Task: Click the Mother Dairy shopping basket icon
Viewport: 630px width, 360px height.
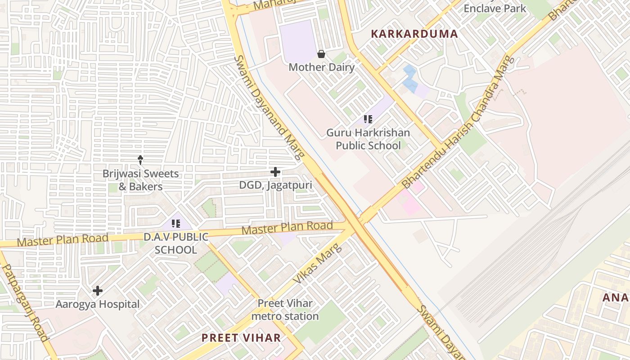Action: [321, 54]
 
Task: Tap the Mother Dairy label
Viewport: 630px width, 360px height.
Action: [321, 67]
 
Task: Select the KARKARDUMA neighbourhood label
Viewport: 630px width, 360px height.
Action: [414, 34]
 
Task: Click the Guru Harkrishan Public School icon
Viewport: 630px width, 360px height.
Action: [368, 119]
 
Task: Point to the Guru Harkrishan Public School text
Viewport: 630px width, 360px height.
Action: [368, 139]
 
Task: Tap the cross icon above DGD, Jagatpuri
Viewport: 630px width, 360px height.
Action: [275, 172]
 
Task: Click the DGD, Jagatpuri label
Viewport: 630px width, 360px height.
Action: [275, 185]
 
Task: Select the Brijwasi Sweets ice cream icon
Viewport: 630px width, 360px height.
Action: [140, 159]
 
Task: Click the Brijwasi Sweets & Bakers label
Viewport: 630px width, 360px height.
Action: [140, 180]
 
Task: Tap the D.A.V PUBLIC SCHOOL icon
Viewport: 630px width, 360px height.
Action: [176, 223]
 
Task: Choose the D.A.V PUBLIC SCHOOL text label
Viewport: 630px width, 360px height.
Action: [176, 243]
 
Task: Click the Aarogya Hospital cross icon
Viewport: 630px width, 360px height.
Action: [98, 291]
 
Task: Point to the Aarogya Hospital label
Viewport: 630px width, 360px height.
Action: [98, 304]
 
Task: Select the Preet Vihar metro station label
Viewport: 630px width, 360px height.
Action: [285, 310]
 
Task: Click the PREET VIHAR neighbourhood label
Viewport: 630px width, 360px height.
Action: [241, 337]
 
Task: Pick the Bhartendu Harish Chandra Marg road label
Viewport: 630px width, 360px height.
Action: [457, 122]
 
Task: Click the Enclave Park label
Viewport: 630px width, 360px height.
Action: [495, 8]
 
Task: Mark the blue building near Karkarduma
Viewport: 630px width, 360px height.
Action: [410, 79]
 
